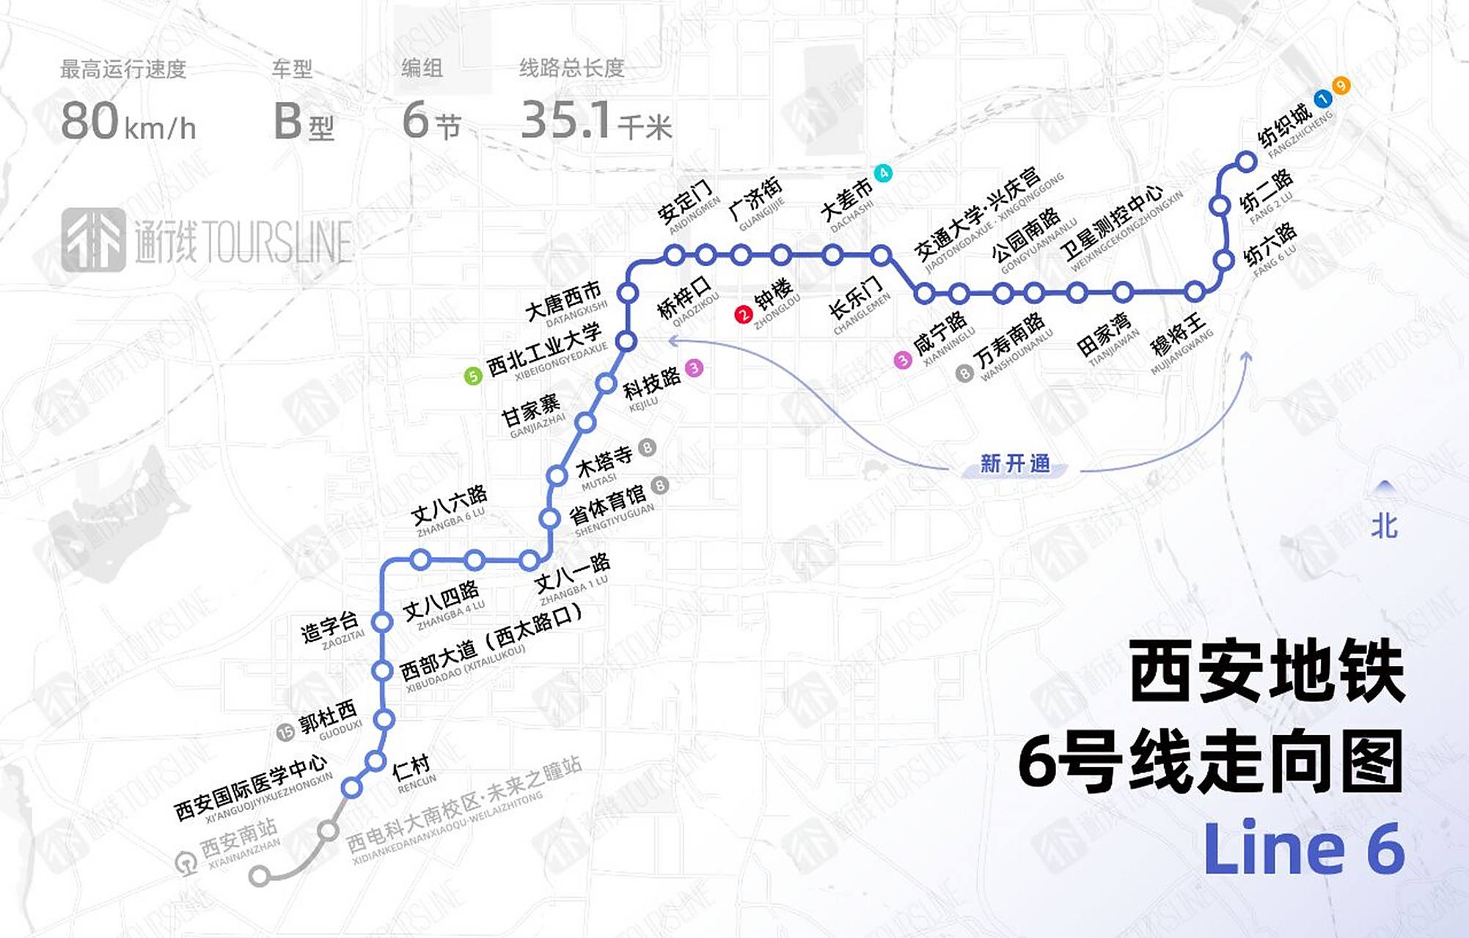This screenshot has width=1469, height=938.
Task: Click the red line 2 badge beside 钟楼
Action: click(743, 314)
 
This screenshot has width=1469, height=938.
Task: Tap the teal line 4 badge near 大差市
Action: click(884, 173)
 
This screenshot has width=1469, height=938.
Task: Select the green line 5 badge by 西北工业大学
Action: click(473, 376)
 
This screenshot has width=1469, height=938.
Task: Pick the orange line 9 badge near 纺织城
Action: click(1341, 86)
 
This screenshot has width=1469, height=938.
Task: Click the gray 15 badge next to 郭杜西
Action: click(285, 731)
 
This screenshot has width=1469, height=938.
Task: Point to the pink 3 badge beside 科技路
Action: click(694, 368)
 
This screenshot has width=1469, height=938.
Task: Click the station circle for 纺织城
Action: click(1246, 161)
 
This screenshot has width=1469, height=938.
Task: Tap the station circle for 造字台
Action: click(382, 622)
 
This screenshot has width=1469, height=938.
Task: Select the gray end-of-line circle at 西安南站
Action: click(259, 875)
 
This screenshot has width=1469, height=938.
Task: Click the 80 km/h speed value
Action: click(128, 122)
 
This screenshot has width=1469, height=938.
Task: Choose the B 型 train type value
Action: click(303, 122)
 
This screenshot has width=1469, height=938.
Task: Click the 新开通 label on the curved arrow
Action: click(1015, 464)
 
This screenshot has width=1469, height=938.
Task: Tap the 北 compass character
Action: click(1384, 526)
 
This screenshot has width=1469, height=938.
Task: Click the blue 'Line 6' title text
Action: click(1303, 849)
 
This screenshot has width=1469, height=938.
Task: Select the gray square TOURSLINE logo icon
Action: click(93, 240)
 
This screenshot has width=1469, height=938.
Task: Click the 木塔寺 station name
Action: click(604, 462)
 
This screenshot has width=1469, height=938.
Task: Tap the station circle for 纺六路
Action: click(1223, 260)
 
